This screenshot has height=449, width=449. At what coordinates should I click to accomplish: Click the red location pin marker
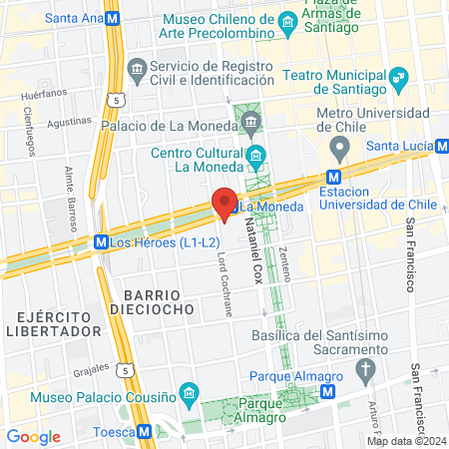[x=225, y=203]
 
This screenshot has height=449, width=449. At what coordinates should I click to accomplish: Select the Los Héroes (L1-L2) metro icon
[x=101, y=241]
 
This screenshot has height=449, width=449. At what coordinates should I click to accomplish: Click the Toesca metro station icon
[x=146, y=432]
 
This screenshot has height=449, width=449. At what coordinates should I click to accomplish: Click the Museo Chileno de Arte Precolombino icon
[x=288, y=20]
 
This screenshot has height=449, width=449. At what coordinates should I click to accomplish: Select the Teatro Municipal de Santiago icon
[x=399, y=76]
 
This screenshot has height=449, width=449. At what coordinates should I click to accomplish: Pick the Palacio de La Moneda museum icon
[x=250, y=125]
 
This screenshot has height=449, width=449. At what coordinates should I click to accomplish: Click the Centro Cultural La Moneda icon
[x=256, y=154]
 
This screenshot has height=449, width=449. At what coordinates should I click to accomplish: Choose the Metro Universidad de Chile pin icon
[x=339, y=149]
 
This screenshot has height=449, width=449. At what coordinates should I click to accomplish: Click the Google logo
[x=33, y=437]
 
